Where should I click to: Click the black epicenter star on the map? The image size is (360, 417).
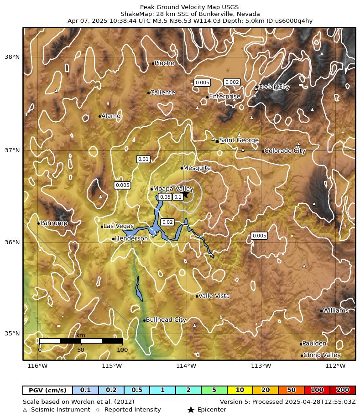(x=185, y=194)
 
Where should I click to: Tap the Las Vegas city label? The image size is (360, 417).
(x=118, y=226)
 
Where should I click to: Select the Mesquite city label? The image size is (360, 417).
(x=197, y=168)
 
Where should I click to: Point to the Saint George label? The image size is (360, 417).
(x=239, y=140)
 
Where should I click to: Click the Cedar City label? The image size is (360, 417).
(x=274, y=87)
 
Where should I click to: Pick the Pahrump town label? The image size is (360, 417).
(x=54, y=223)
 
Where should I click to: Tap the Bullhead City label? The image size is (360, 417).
(x=166, y=320)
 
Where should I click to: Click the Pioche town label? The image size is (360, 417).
(x=164, y=63)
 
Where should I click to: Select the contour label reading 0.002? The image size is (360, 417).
(x=232, y=82)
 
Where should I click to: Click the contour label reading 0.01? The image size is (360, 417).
(x=143, y=159)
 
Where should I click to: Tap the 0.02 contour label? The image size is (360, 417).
(x=167, y=222)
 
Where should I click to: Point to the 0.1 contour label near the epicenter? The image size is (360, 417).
(x=178, y=197)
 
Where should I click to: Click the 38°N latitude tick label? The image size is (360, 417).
(x=12, y=57)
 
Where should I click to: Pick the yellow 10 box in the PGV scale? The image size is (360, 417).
(x=240, y=391)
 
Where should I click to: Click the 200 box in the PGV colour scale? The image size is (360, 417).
(x=342, y=391)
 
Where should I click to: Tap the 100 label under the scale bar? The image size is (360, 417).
(x=122, y=350)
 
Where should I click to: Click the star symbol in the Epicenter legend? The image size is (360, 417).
(x=191, y=410)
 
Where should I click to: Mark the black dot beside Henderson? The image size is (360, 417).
(x=113, y=239)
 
